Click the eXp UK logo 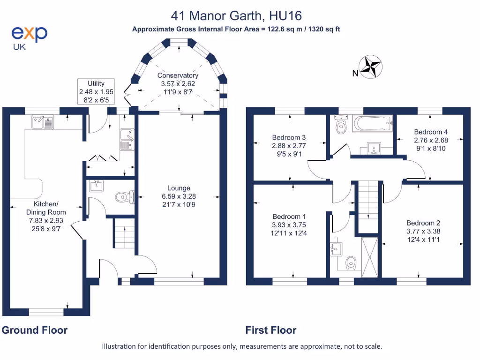(x=29, y=37)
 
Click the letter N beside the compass (x=355, y=73)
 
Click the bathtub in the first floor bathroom (x=373, y=124)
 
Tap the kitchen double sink (x=43, y=122)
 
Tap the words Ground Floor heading (x=35, y=330)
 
